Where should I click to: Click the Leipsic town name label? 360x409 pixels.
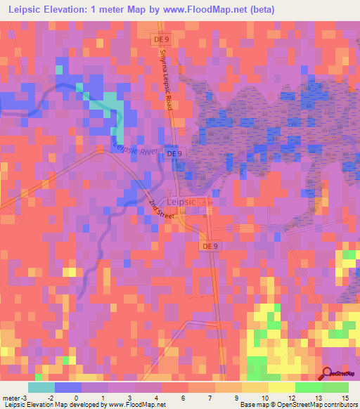(185, 201)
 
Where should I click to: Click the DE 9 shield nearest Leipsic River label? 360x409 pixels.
(174, 153)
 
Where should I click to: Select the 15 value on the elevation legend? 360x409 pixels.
(345, 397)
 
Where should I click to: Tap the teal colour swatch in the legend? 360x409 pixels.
(41, 387)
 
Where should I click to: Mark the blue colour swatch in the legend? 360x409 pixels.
(68, 387)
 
